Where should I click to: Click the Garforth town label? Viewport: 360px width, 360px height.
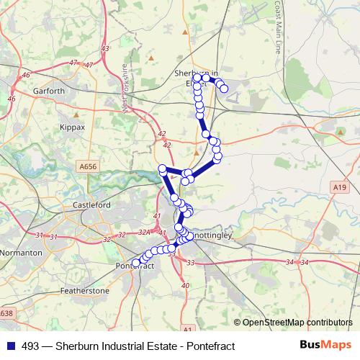click(49, 91)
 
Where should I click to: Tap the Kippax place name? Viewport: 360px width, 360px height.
click(72, 127)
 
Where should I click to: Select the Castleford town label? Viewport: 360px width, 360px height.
click(92, 205)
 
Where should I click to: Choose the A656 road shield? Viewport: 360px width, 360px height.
click(88, 166)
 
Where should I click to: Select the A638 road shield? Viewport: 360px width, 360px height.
click(6, 313)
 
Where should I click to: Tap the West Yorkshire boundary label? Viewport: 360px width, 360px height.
click(125, 88)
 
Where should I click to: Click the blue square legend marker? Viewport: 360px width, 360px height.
click(8, 346)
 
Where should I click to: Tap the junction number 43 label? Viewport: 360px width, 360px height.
click(106, 48)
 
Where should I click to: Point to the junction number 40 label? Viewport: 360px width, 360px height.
click(185, 286)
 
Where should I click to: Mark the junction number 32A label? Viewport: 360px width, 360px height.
click(145, 232)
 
